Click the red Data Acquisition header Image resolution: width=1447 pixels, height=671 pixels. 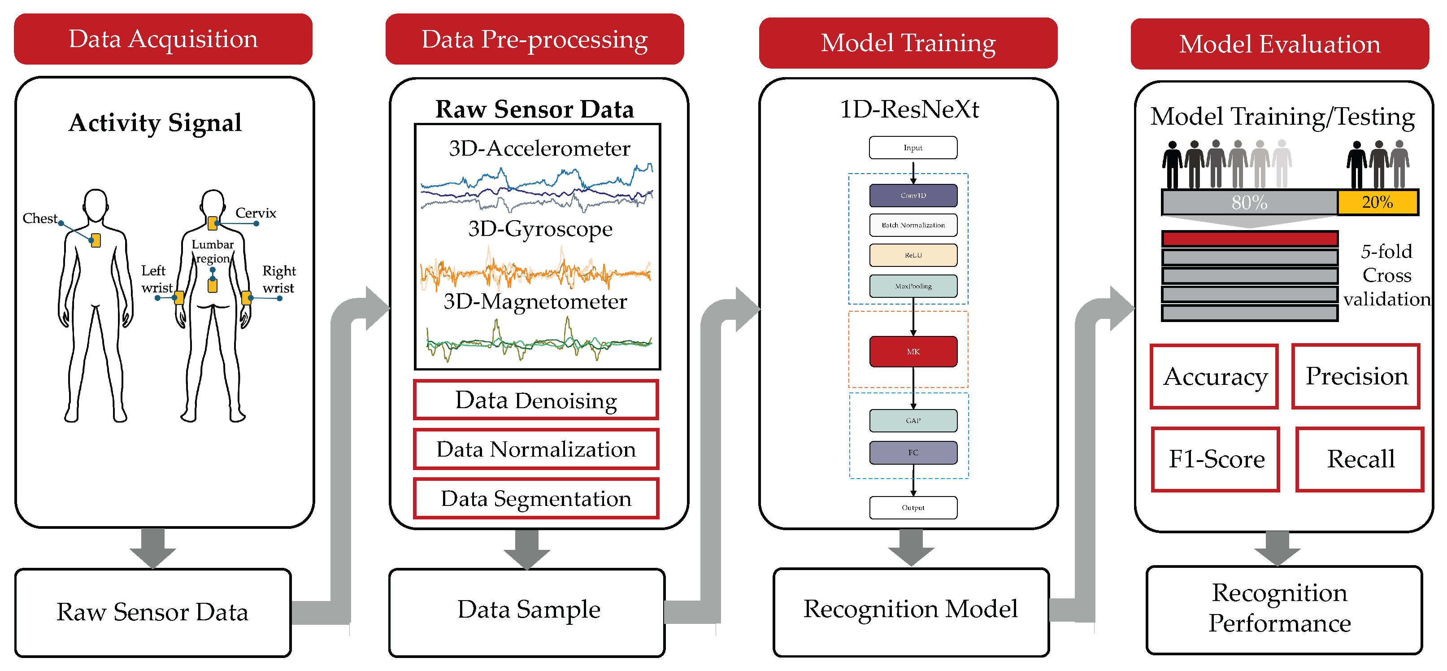163,39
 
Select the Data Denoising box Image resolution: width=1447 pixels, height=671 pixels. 536,400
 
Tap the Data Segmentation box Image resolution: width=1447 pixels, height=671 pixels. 536,498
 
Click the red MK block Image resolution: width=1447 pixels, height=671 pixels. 913,351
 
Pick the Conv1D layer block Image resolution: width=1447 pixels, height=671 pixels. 913,196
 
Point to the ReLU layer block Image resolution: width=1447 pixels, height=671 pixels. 913,255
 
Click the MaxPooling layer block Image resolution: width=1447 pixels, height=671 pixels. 913,286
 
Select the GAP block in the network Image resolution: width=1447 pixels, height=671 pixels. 913,420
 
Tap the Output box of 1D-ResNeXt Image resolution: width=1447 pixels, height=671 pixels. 913,507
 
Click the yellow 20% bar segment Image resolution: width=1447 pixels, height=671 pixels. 1377,202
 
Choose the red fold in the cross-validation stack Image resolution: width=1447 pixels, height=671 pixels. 1249,239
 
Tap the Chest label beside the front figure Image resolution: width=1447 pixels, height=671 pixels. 40,218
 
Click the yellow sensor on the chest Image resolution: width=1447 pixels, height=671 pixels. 96,240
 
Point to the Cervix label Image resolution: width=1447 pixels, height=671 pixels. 256,213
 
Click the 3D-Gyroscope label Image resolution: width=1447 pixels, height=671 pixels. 540,229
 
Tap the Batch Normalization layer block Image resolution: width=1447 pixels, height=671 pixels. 913,225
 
